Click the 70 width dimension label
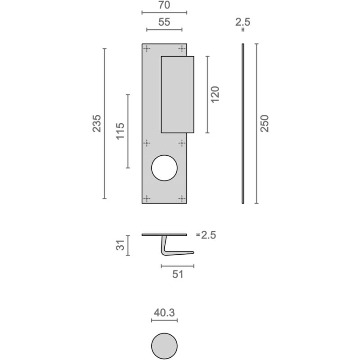(x=164, y=5)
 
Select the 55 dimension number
(x=164, y=22)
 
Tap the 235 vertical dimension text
(x=97, y=123)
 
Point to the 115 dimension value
(x=120, y=131)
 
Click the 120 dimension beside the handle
(x=215, y=94)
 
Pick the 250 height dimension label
(x=265, y=123)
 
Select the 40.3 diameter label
(x=164, y=312)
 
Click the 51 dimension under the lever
(x=178, y=274)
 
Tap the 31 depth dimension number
(x=120, y=245)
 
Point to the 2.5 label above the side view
(x=243, y=22)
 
